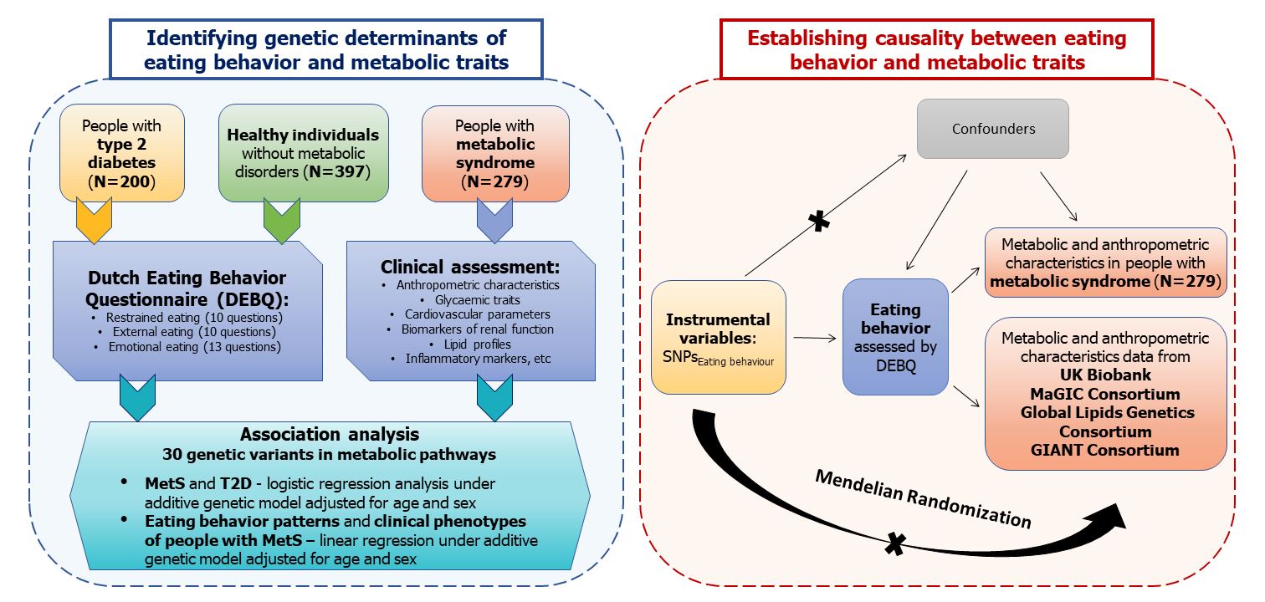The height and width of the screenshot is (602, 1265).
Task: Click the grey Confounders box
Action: pos(992,129)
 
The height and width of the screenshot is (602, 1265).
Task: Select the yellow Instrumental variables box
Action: pos(718,338)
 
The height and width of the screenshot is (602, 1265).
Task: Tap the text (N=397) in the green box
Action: pos(339,171)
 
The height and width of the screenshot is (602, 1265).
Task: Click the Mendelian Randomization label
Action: pos(923,498)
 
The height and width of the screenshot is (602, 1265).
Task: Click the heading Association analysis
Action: pos(329,434)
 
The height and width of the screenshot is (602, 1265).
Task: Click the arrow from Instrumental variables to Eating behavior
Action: pos(814,338)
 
